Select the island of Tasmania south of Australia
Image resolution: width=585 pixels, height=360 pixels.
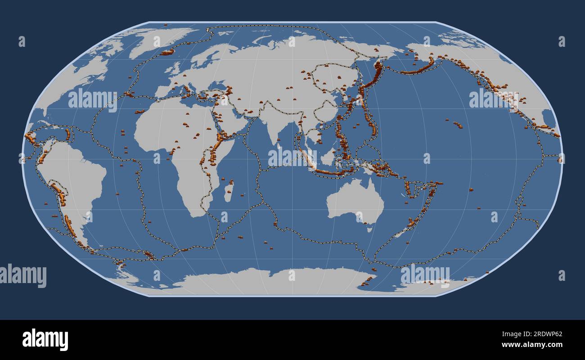tap(369, 229)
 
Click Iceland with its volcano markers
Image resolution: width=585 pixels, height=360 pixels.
tap(167, 53)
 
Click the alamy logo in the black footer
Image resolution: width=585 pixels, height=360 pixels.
tap(45, 340)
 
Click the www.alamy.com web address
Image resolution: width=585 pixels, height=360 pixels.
tap(531, 345)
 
